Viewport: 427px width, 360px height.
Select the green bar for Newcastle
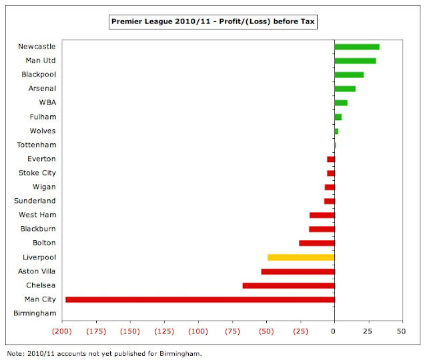tap(356, 47)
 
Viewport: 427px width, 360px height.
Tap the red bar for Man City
tap(199, 299)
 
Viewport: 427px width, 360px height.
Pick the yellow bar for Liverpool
tap(300, 257)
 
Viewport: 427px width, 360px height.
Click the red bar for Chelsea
tap(288, 285)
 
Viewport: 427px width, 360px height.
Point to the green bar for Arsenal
tap(344, 89)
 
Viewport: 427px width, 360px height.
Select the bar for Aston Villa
tap(298, 271)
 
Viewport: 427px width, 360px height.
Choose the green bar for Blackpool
tap(348, 75)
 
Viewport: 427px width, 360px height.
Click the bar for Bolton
tap(316, 243)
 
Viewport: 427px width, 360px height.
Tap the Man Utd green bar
tap(354, 61)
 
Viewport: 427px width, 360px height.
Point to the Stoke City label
tap(37, 173)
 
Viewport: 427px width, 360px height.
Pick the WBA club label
tap(47, 103)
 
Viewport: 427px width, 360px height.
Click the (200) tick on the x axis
tap(62, 331)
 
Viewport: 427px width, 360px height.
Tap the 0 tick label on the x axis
tap(334, 331)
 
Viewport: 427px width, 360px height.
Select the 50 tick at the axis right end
tap(401, 331)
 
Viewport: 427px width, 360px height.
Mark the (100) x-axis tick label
tap(198, 331)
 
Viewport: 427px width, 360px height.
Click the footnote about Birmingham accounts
tap(103, 353)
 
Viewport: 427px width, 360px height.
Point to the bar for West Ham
tap(322, 215)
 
